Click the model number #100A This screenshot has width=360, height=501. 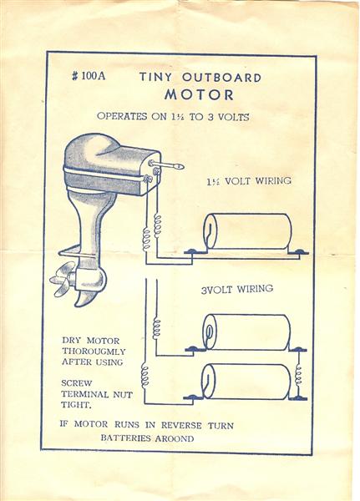click(89, 76)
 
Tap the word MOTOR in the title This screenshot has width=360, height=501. click(200, 95)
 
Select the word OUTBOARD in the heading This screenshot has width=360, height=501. click(222, 78)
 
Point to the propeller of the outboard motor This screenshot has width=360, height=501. click(63, 278)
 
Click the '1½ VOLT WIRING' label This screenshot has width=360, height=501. click(249, 181)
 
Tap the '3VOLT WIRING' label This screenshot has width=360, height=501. click(237, 289)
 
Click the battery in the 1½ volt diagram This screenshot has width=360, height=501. click(248, 231)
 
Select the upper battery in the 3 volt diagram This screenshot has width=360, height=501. click(246, 332)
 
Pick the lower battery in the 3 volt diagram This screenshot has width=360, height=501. click(246, 382)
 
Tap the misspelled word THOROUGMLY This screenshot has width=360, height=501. click(94, 352)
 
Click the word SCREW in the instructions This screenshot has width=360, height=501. click(76, 383)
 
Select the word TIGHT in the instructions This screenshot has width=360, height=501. click(76, 405)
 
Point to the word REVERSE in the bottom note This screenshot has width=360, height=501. click(181, 425)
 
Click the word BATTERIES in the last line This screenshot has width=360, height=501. click(124, 438)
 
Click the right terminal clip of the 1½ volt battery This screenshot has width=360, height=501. click(298, 252)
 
